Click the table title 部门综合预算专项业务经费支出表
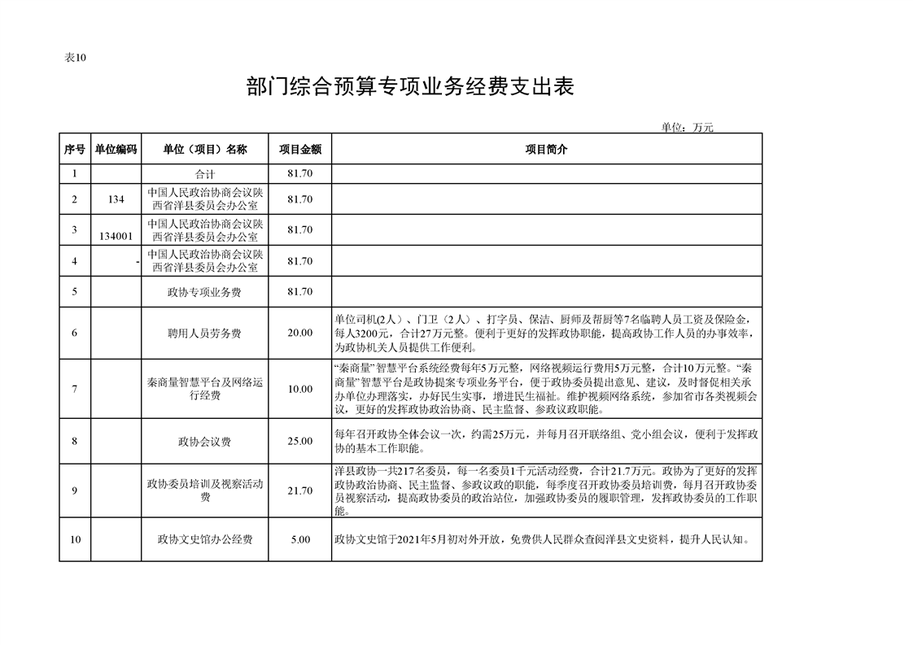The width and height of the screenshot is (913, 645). coord(410,87)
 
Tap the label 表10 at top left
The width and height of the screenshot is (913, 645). coord(75,57)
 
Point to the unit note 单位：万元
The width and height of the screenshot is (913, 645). coord(686,127)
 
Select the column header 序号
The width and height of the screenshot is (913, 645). coord(74,150)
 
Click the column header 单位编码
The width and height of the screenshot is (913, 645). coord(116,150)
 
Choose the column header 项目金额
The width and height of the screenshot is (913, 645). coord(299,150)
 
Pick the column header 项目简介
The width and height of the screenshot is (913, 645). coord(546,150)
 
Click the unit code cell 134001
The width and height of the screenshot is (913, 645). coord(116,236)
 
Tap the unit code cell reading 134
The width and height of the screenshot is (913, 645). coord(116,199)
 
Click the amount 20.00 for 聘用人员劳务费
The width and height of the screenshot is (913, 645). coord(299,333)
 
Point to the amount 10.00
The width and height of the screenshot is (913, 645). coord(299,389)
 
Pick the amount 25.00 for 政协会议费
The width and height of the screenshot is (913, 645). coord(299,441)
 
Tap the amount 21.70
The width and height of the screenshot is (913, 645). coord(299,490)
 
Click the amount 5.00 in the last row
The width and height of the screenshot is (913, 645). coord(299,539)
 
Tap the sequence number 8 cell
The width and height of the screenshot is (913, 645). coord(74,441)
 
